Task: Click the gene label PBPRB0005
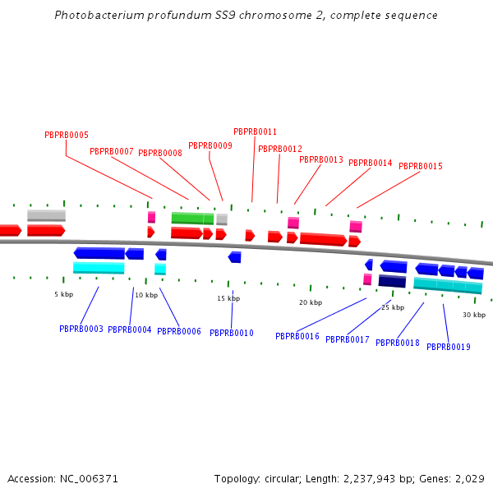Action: click(x=67, y=136)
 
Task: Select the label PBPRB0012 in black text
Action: click(x=280, y=150)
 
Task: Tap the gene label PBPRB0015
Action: click(x=421, y=167)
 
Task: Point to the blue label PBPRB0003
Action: click(x=81, y=329)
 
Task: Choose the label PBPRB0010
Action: click(x=232, y=334)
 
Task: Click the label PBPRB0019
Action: click(x=449, y=348)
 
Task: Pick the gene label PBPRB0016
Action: click(x=297, y=337)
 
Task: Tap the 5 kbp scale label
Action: click(x=63, y=294)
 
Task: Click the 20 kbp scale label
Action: click(x=310, y=302)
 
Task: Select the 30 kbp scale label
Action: click(x=473, y=316)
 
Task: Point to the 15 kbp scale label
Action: click(x=228, y=298)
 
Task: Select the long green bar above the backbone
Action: click(x=192, y=219)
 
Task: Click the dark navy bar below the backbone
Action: click(x=392, y=281)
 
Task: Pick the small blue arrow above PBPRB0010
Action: click(x=235, y=257)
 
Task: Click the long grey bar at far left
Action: click(x=46, y=215)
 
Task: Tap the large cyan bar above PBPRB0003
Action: click(x=99, y=268)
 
